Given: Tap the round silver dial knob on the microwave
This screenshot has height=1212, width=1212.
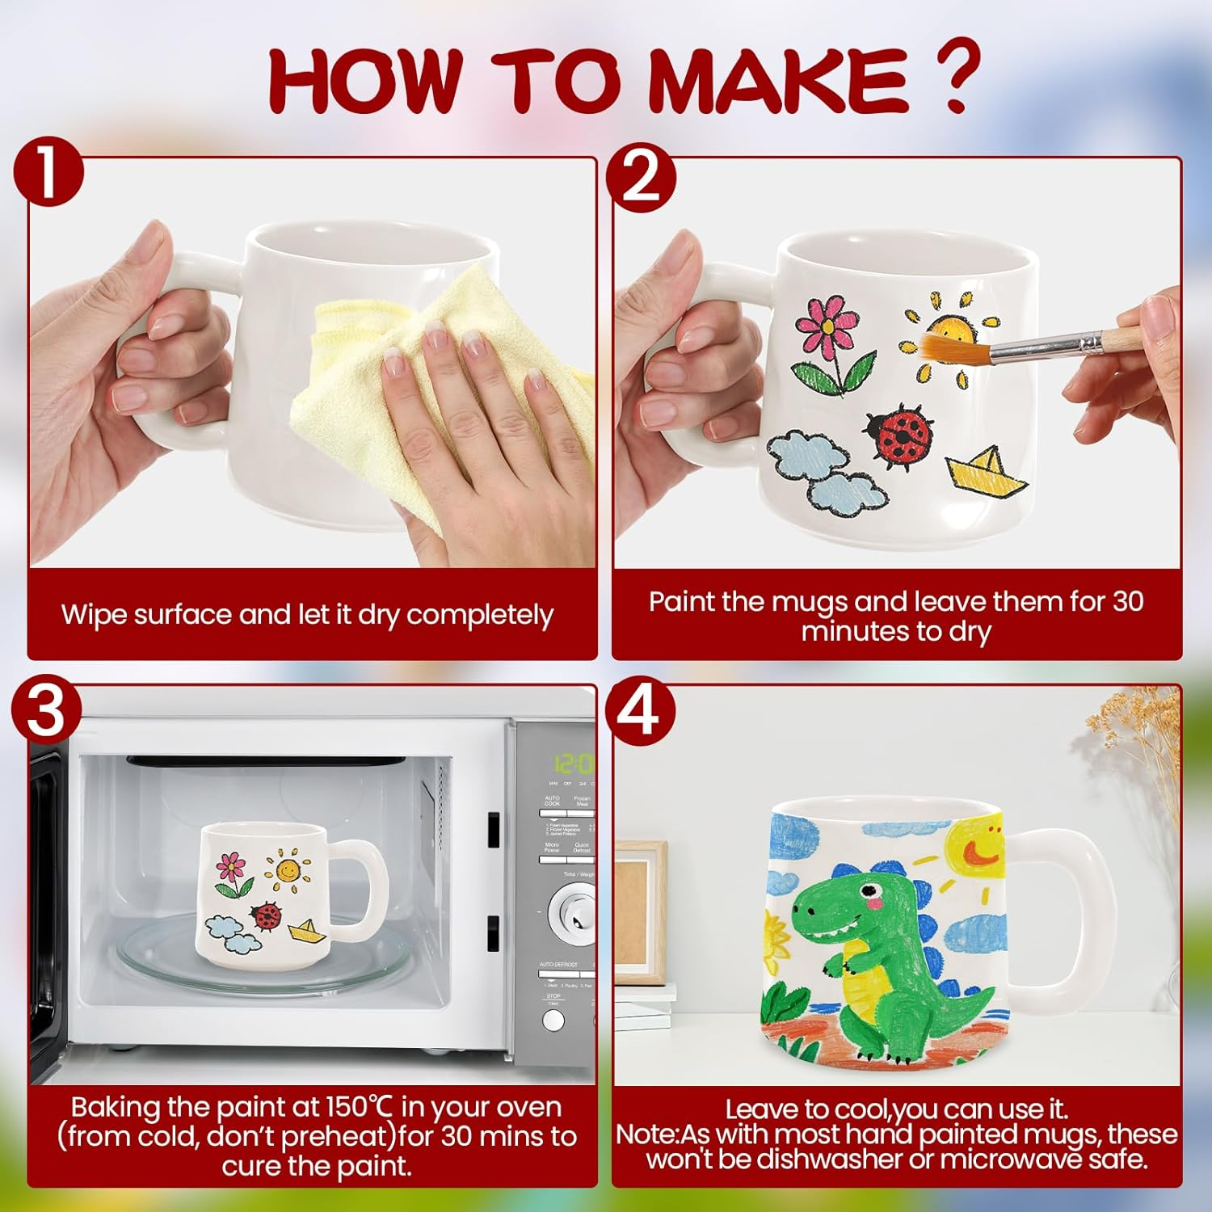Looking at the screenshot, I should [x=572, y=914].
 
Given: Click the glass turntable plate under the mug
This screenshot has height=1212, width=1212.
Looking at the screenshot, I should [x=267, y=966].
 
